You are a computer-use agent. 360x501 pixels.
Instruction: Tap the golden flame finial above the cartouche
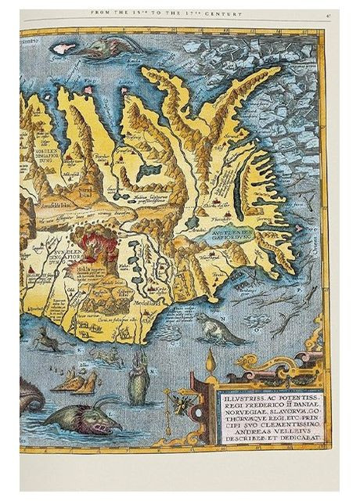click(210, 362)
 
